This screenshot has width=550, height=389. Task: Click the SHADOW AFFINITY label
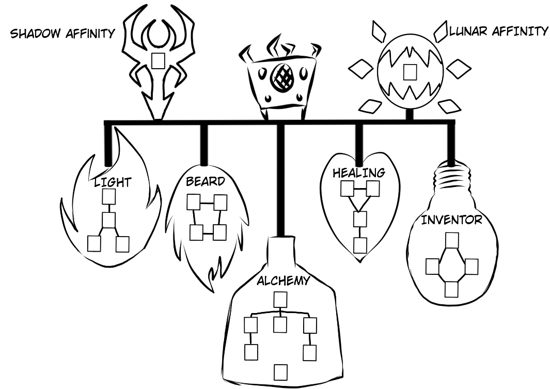[62, 34]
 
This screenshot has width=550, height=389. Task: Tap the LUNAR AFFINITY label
[498, 32]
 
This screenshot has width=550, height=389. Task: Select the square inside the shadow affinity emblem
[159, 60]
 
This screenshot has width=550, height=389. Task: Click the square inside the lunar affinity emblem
[410, 71]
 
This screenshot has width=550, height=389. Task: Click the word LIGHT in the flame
[113, 182]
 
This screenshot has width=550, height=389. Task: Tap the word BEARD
[206, 181]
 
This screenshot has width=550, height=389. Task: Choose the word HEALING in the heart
[358, 173]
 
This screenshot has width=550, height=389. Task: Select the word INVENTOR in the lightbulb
[451, 220]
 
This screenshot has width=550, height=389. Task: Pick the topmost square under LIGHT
[108, 197]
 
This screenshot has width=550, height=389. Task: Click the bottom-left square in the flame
[94, 244]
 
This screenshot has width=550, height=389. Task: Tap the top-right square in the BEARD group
[221, 202]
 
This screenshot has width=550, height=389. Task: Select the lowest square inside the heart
[360, 245]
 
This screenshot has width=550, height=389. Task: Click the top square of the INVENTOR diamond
[452, 241]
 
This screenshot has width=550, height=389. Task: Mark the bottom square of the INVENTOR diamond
[452, 289]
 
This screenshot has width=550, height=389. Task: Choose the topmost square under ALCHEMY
[280, 300]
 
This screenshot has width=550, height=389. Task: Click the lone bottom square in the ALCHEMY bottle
[280, 371]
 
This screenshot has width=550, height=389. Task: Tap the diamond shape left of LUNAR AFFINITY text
[441, 33]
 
